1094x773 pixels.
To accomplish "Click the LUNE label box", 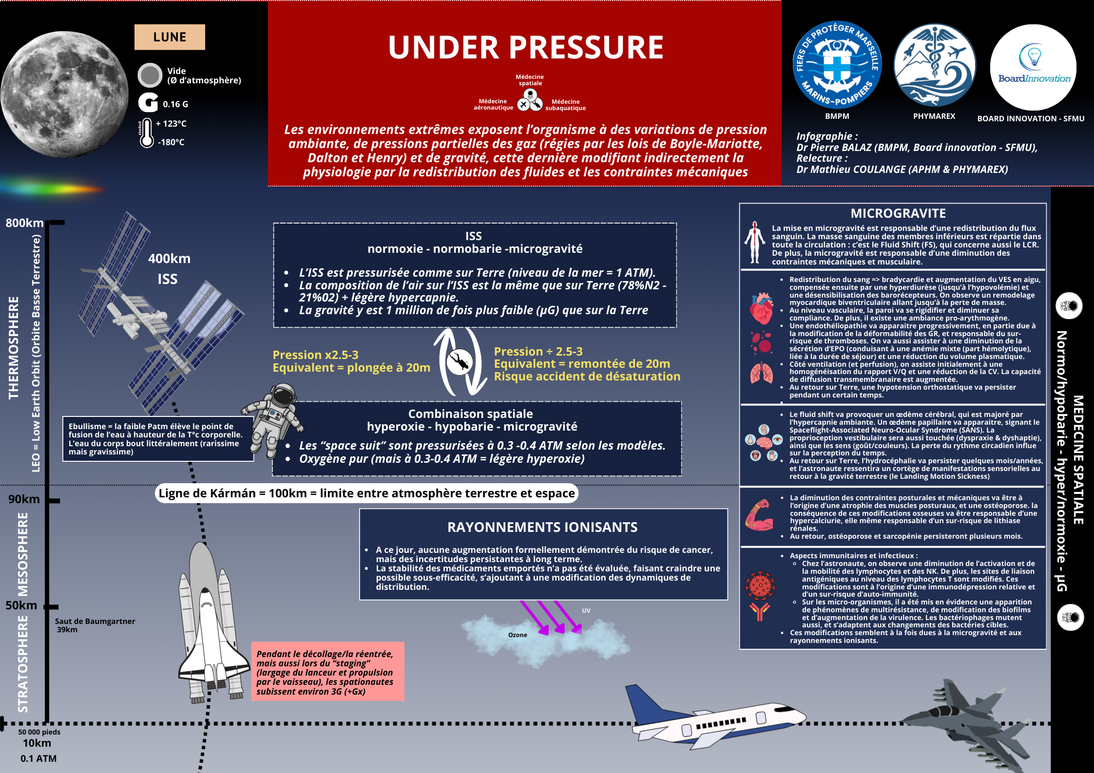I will pyautogui.click(x=170, y=37).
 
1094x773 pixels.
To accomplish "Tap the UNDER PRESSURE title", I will pyautogui.click(x=525, y=47).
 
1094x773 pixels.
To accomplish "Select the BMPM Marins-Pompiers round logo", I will pyautogui.click(x=837, y=65).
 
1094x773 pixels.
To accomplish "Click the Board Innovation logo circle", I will pyautogui.click(x=1033, y=67).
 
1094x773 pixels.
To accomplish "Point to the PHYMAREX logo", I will pyautogui.click(x=934, y=65).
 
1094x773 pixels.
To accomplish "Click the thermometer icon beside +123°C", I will pyautogui.click(x=146, y=133).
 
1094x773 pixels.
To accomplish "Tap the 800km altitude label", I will pyautogui.click(x=24, y=223).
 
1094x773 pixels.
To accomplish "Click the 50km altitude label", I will pyautogui.click(x=21, y=605).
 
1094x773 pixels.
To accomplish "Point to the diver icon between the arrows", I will pyautogui.click(x=459, y=362).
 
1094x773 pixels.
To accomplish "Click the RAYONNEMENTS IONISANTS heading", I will pyautogui.click(x=542, y=527).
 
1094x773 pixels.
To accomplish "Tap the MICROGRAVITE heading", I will pyautogui.click(x=898, y=213).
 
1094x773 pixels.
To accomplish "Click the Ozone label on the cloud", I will pyautogui.click(x=518, y=635).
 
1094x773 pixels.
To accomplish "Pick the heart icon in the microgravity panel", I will pyautogui.click(x=761, y=308).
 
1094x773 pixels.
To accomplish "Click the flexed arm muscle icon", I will pyautogui.click(x=759, y=515).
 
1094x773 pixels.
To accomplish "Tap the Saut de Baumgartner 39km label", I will pyautogui.click(x=95, y=625).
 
